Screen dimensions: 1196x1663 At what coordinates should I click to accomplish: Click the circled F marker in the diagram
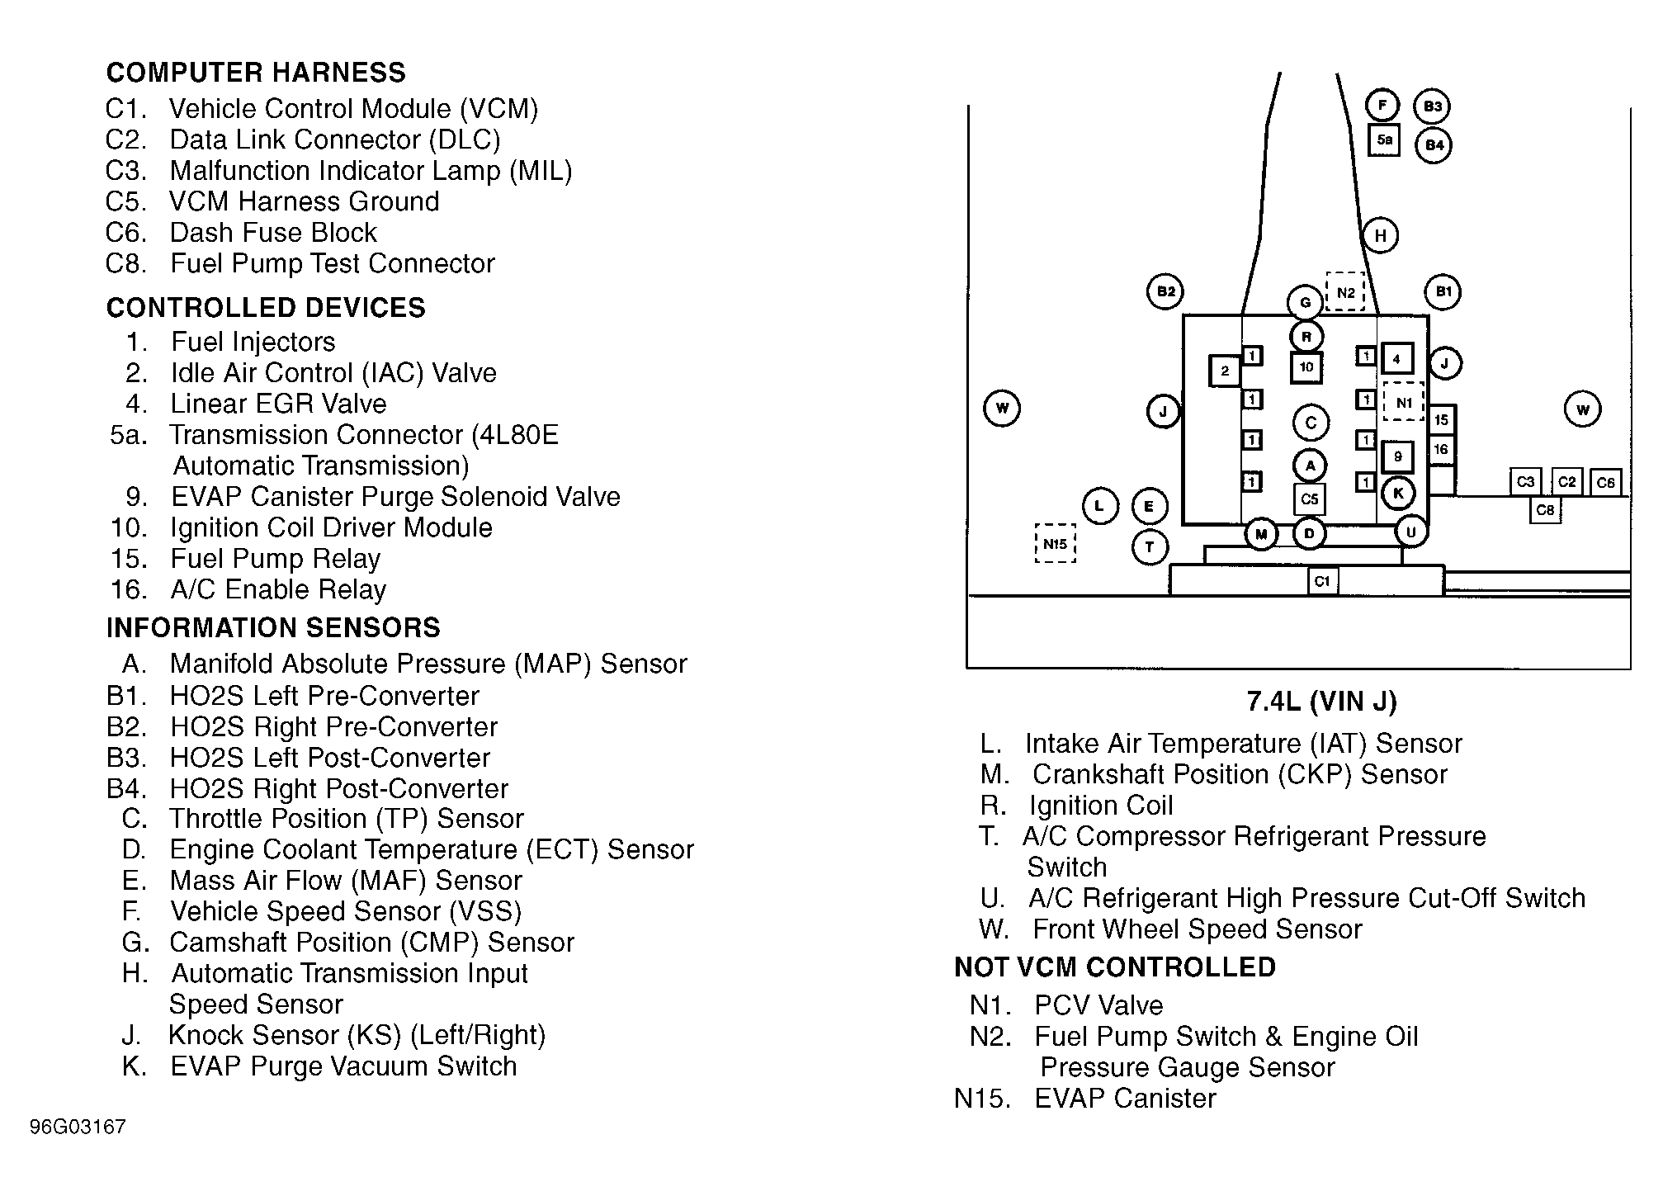[1382, 105]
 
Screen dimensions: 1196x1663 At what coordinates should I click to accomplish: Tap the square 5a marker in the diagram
[1384, 139]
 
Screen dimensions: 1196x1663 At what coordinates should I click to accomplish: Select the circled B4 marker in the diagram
[1434, 145]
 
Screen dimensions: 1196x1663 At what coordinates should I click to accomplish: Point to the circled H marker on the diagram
[1380, 236]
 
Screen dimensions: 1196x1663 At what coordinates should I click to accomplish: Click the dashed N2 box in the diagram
[1345, 292]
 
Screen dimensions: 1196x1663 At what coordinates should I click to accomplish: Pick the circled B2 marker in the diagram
[1165, 291]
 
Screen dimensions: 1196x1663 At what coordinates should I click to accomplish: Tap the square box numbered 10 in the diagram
[1306, 367]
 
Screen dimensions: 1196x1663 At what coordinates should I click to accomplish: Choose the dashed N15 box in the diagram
[1056, 544]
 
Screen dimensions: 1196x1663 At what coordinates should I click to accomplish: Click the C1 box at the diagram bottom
[1322, 581]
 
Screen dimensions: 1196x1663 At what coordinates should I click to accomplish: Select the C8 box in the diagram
[1545, 510]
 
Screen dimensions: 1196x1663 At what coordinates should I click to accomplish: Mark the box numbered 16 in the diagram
[1441, 450]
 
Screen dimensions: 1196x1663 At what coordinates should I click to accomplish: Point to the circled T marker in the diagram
[1150, 546]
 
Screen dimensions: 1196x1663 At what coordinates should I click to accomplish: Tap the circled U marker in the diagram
[1411, 532]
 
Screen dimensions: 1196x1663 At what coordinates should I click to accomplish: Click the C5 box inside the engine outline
[1310, 499]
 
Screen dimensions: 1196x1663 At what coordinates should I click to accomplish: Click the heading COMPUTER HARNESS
[256, 73]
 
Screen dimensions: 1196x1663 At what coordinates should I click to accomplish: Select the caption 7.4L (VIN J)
[1321, 702]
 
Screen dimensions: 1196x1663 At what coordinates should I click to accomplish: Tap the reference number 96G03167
[78, 1127]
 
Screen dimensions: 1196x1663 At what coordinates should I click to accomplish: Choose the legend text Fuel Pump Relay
[275, 559]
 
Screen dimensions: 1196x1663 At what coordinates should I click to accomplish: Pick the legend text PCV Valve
[1098, 1005]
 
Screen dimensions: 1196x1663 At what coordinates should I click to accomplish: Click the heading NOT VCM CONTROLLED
[1115, 967]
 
